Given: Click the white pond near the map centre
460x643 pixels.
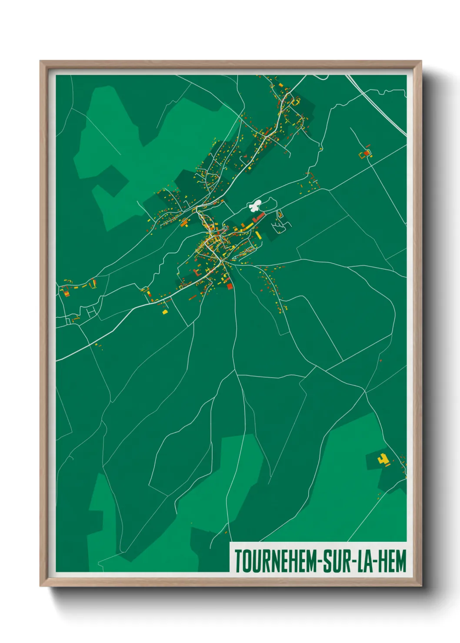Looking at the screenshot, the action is (256, 205).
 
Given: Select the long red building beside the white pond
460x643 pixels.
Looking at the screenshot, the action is (259, 217).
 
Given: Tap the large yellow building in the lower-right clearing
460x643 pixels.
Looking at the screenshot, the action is (383, 459).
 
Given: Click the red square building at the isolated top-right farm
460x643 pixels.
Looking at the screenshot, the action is (367, 153).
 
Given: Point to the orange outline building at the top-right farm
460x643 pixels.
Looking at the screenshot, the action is (361, 155).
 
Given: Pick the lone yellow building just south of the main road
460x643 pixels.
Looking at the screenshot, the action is (165, 312).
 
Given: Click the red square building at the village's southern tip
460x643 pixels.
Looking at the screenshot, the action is (230, 286).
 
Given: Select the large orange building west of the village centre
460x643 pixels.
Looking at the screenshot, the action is (184, 223).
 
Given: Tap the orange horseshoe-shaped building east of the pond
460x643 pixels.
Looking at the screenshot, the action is (280, 214).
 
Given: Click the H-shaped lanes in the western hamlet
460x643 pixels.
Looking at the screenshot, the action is (91, 312).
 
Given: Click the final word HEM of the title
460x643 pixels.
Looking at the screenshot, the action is (392, 561).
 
